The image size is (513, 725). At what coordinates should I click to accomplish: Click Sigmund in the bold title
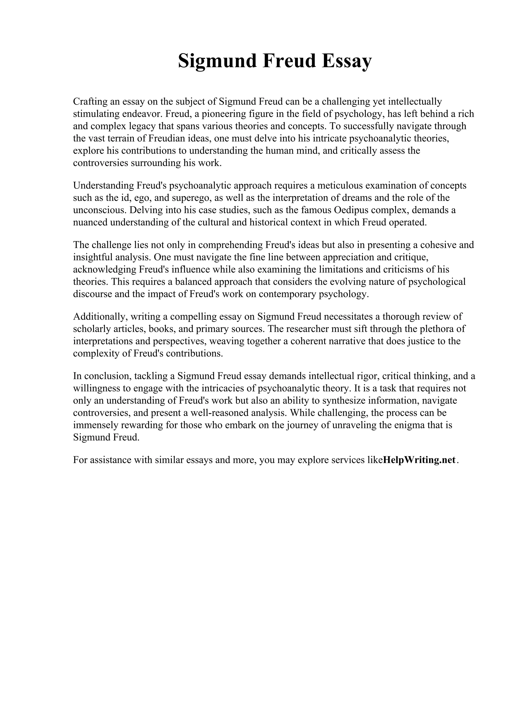coord(217,61)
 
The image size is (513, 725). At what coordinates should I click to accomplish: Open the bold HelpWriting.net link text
coord(419,460)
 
